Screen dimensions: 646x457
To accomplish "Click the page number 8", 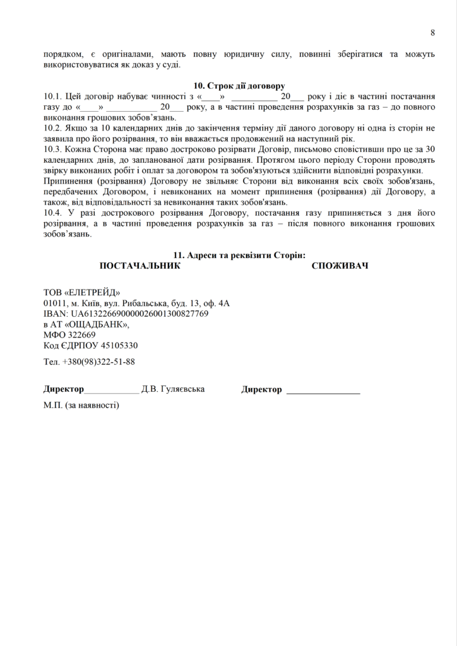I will [433, 32].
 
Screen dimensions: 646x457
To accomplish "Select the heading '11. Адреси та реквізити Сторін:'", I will [239, 255].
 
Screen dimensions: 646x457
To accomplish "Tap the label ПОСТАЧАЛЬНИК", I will [140, 266].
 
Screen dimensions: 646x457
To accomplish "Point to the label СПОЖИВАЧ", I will [340, 266].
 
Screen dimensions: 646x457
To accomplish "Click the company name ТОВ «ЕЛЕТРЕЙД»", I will [81, 293].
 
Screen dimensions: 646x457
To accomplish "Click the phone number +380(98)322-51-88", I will [98, 362].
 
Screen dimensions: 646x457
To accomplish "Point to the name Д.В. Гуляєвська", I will [173, 389].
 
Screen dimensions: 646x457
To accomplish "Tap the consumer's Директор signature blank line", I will [323, 392].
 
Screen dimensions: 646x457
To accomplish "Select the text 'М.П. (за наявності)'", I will [81, 404].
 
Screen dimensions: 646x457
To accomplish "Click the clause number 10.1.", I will [54, 97].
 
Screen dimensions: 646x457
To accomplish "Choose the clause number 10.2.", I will [54, 128].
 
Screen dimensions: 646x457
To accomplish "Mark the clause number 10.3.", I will [54, 149].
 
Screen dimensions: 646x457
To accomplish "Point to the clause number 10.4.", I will [54, 213].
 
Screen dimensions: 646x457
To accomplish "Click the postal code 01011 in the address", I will [56, 303].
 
